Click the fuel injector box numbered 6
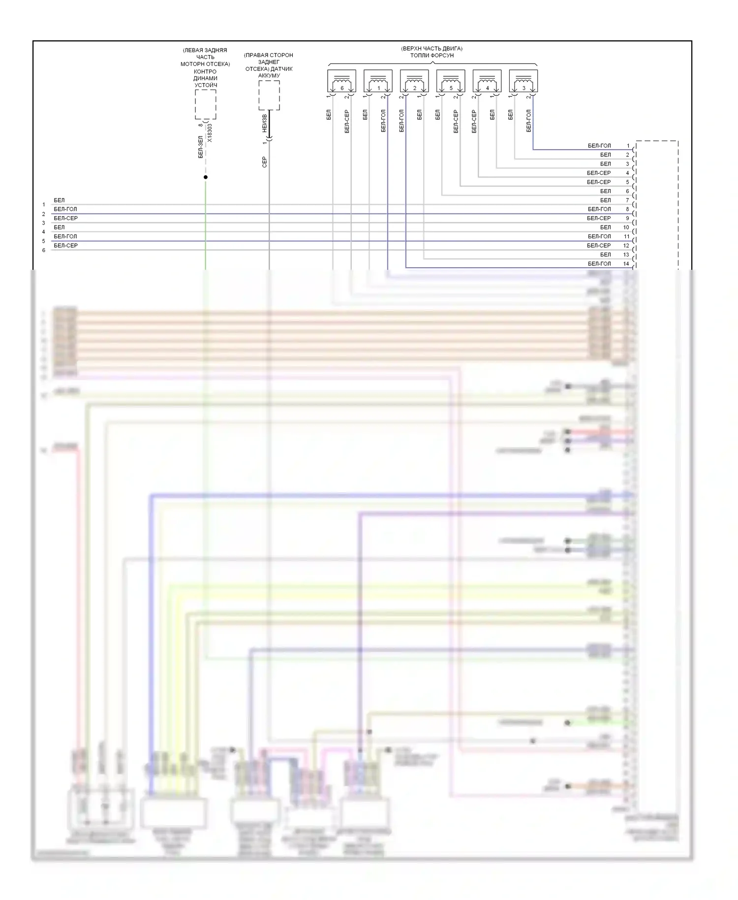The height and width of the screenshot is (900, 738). click(x=341, y=81)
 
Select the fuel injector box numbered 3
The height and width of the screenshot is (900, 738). click(x=523, y=81)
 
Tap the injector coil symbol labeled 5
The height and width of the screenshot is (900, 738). click(x=451, y=81)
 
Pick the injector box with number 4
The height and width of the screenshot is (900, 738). click(x=487, y=81)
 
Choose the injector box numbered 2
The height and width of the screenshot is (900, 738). click(x=414, y=81)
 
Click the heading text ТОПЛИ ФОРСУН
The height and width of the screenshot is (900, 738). click(x=431, y=56)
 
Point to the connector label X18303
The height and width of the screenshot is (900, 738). click(x=210, y=133)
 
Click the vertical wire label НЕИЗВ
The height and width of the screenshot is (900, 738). click(x=265, y=123)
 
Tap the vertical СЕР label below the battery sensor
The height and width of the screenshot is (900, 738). click(x=265, y=162)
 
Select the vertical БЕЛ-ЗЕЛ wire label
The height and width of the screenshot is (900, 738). click(x=201, y=147)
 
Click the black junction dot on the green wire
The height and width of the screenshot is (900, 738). click(x=206, y=177)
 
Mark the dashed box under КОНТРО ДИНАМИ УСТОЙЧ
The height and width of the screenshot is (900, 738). click(x=206, y=104)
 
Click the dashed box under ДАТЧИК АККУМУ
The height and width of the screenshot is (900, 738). click(x=269, y=96)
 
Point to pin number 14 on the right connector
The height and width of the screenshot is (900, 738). click(x=626, y=264)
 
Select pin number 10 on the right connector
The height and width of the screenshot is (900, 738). click(x=626, y=227)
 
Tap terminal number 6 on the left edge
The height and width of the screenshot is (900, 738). click(x=44, y=250)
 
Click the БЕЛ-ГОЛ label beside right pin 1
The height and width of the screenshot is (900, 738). click(x=599, y=146)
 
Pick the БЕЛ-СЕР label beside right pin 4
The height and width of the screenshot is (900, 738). click(x=599, y=173)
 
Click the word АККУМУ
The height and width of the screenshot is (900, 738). click(x=269, y=76)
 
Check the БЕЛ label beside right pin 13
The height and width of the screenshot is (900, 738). click(x=606, y=255)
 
